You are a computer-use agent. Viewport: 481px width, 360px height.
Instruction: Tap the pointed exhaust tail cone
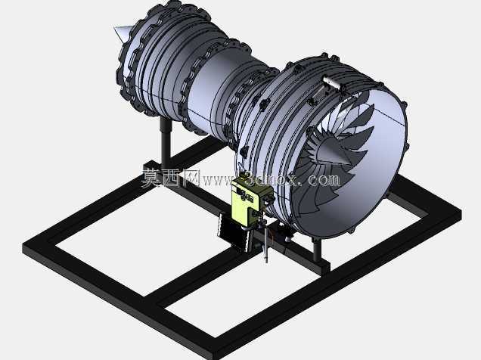pos(122,33)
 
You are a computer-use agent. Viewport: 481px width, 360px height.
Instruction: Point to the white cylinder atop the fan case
pos(331,82)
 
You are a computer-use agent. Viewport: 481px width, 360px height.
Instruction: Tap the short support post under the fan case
pos(317,250)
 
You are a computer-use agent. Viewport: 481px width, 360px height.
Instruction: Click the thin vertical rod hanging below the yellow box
pos(266,244)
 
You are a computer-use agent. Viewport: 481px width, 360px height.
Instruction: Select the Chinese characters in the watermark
pos(170,178)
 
